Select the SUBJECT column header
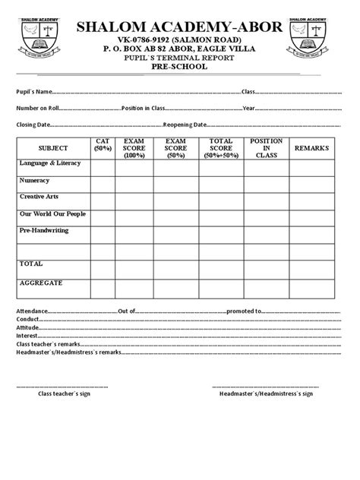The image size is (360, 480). coord(52,148)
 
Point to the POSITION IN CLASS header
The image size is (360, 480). coord(267,147)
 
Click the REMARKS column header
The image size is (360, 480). coord(312,147)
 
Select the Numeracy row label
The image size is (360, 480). coord(35,181)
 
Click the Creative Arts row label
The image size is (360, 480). coord(40,197)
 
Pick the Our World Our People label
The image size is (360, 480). coord(52,213)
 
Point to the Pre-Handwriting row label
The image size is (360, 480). coord(44,229)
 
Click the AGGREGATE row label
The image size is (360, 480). coord(41,283)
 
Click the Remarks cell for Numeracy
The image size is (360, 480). coord(312,185)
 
